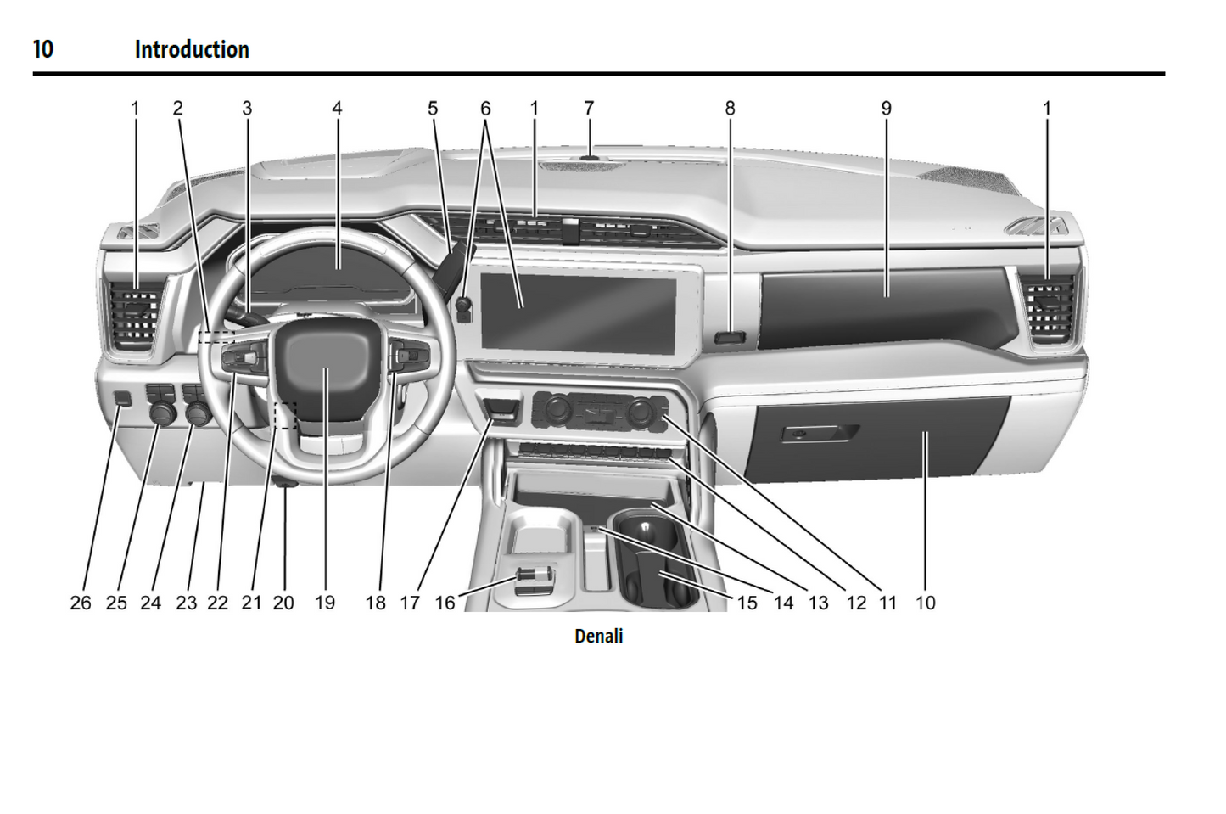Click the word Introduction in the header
[x=192, y=50]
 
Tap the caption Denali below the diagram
[x=598, y=636]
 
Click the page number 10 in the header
[x=43, y=50]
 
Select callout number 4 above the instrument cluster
[x=337, y=109]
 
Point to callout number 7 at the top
[x=589, y=109]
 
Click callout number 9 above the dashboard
[x=886, y=109]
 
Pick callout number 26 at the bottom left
[x=81, y=603]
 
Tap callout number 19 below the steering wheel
[x=325, y=603]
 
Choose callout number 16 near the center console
[x=445, y=603]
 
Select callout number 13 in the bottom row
[x=818, y=603]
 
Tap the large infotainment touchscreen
[x=578, y=308]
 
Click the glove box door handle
[x=820, y=434]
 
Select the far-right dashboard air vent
[x=1050, y=306]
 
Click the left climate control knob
[x=557, y=412]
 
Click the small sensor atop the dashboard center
[x=588, y=156]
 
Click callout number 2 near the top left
[x=177, y=109]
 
